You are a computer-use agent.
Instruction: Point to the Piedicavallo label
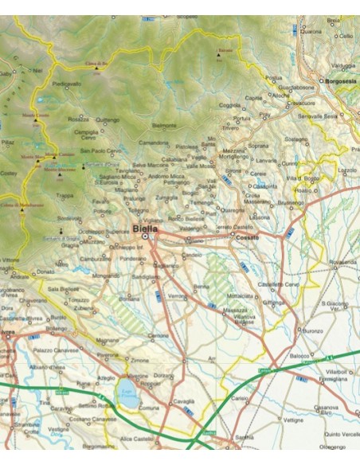[67, 83]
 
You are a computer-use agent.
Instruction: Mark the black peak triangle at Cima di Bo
[97, 68]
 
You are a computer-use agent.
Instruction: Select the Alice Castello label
[136, 439]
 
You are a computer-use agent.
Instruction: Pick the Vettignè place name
[293, 417]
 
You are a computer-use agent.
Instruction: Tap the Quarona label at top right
[333, 31]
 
